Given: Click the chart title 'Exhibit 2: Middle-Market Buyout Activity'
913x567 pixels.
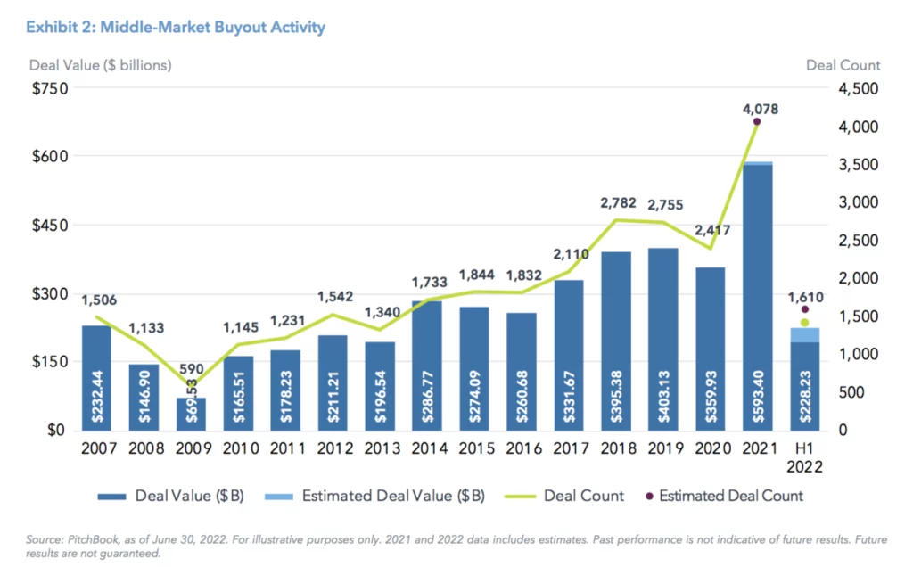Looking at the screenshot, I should click(x=176, y=28).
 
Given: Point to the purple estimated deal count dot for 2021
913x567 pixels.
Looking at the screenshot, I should click(x=757, y=122).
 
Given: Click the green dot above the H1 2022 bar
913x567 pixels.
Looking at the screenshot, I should click(x=804, y=323).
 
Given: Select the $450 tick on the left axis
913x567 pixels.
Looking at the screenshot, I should click(x=51, y=225).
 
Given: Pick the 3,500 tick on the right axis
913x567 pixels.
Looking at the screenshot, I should click(x=857, y=165).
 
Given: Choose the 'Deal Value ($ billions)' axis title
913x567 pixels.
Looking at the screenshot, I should click(x=101, y=65).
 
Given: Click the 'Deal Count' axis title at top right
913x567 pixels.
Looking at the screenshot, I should click(x=843, y=65).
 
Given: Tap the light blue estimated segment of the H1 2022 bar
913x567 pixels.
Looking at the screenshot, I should click(x=804, y=334).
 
